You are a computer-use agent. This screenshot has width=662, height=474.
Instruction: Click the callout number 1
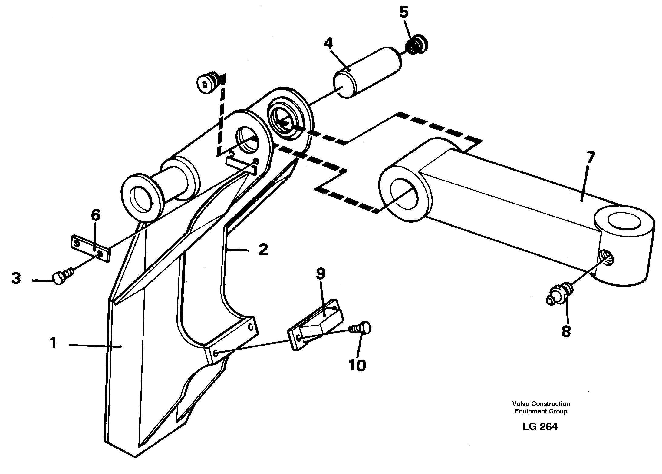pyautogui.click(x=53, y=344)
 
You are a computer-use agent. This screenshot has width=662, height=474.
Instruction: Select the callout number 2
pyautogui.click(x=263, y=250)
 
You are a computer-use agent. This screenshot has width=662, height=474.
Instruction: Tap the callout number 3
pyautogui.click(x=16, y=278)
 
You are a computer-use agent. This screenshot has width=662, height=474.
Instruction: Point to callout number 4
pyautogui.click(x=328, y=44)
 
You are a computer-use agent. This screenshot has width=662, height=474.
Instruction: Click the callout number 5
pyautogui.click(x=403, y=13)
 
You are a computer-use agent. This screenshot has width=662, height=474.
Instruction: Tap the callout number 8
pyautogui.click(x=566, y=332)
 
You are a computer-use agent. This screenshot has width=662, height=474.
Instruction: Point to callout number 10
pyautogui.click(x=357, y=366)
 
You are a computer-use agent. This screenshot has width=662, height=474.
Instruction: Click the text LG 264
pyautogui.click(x=540, y=427)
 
